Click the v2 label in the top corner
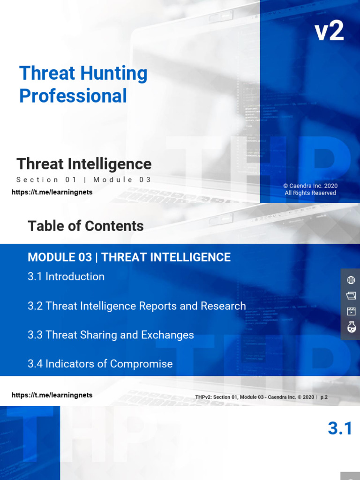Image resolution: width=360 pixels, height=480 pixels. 329,31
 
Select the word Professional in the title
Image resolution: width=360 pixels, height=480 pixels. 73,96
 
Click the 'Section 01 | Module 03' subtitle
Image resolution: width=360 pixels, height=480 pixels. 84,180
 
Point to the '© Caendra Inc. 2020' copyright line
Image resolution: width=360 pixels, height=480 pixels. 310,186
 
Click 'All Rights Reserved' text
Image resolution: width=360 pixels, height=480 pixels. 310,193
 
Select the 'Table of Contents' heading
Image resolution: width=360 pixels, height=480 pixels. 86,226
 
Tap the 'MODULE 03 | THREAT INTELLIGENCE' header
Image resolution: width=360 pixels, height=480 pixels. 129,257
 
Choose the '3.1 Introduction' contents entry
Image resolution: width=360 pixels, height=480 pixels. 66,277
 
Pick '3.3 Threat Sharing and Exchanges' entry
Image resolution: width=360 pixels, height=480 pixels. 111,335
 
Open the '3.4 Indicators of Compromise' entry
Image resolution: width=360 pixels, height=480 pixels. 100,364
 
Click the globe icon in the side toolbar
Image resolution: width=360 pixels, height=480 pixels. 351,280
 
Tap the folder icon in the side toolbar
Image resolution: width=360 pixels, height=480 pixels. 351,296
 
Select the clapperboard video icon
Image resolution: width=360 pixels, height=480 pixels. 351,311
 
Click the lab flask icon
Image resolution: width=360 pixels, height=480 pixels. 351,327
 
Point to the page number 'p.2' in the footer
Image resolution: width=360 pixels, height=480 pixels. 324,397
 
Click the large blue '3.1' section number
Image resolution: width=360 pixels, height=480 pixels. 340,428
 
